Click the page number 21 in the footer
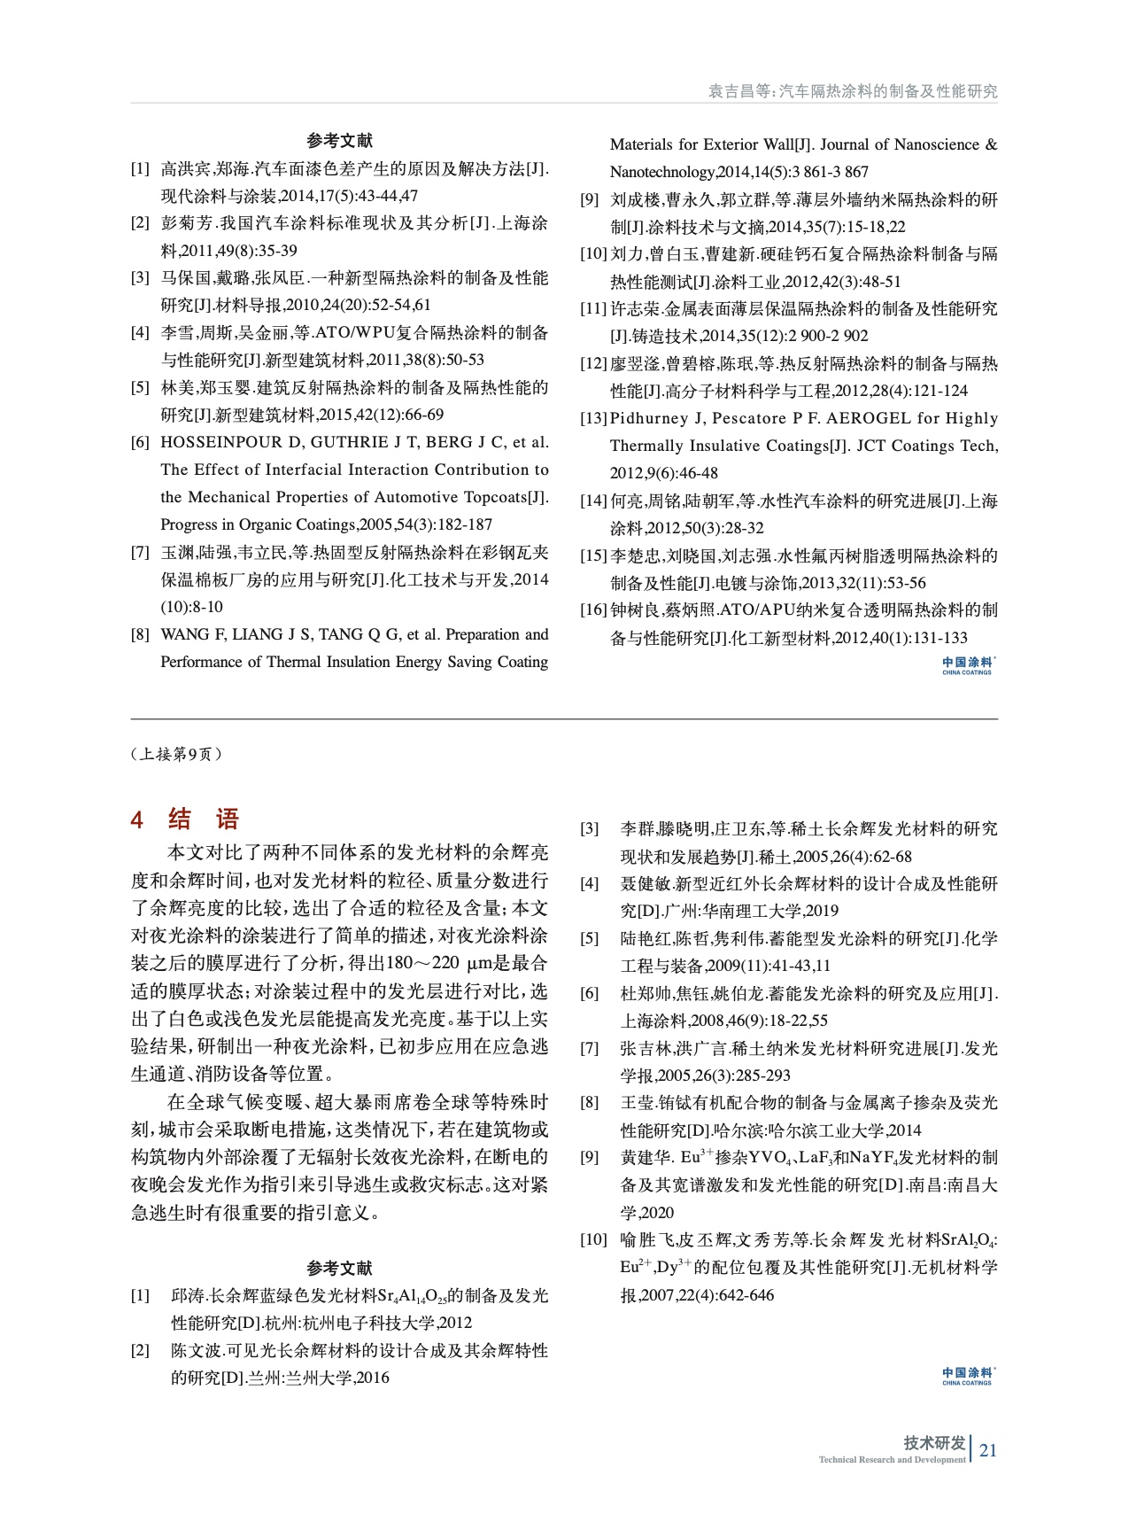click(988, 1450)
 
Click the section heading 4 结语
click(185, 819)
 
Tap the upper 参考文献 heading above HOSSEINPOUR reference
click(339, 141)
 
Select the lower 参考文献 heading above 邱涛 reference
click(339, 1268)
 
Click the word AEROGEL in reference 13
click(868, 418)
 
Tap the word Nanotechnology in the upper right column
click(661, 172)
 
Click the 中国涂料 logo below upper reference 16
click(968, 665)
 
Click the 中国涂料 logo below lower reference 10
click(968, 1376)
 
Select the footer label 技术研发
click(933, 1443)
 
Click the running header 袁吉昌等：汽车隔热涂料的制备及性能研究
click(852, 91)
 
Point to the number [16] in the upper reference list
click(593, 610)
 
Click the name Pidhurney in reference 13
click(648, 418)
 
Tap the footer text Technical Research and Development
click(892, 1460)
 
